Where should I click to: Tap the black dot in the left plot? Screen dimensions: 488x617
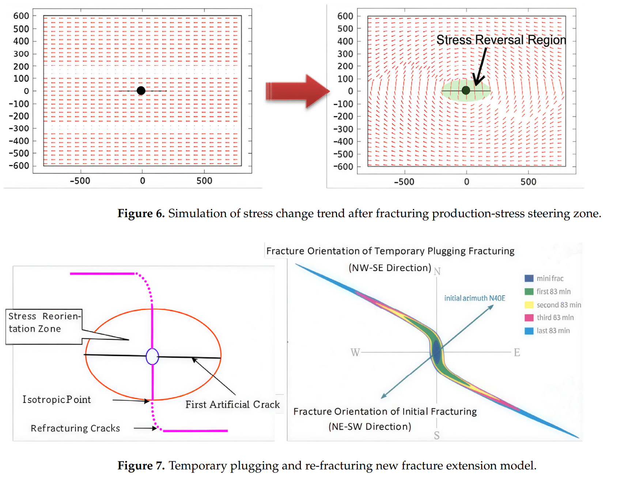[141, 91]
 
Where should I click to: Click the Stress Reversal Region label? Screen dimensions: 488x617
[501, 40]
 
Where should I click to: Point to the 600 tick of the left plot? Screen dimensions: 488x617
[21, 16]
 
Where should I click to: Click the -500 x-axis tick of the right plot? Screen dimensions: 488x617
[404, 182]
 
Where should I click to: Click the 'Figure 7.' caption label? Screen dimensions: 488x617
[141, 466]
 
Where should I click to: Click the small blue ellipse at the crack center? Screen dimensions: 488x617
[152, 357]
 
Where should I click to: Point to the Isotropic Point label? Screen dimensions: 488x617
[57, 400]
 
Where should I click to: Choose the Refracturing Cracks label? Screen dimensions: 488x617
[75, 428]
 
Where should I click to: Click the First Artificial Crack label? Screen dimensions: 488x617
[232, 404]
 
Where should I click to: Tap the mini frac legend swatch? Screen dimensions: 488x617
[529, 278]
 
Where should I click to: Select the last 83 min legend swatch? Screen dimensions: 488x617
[529, 331]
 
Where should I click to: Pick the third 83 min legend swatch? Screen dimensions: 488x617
[529, 318]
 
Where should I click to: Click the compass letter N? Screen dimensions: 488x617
[437, 271]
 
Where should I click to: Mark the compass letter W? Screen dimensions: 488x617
[355, 352]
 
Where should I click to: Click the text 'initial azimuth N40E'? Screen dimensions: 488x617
[474, 298]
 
